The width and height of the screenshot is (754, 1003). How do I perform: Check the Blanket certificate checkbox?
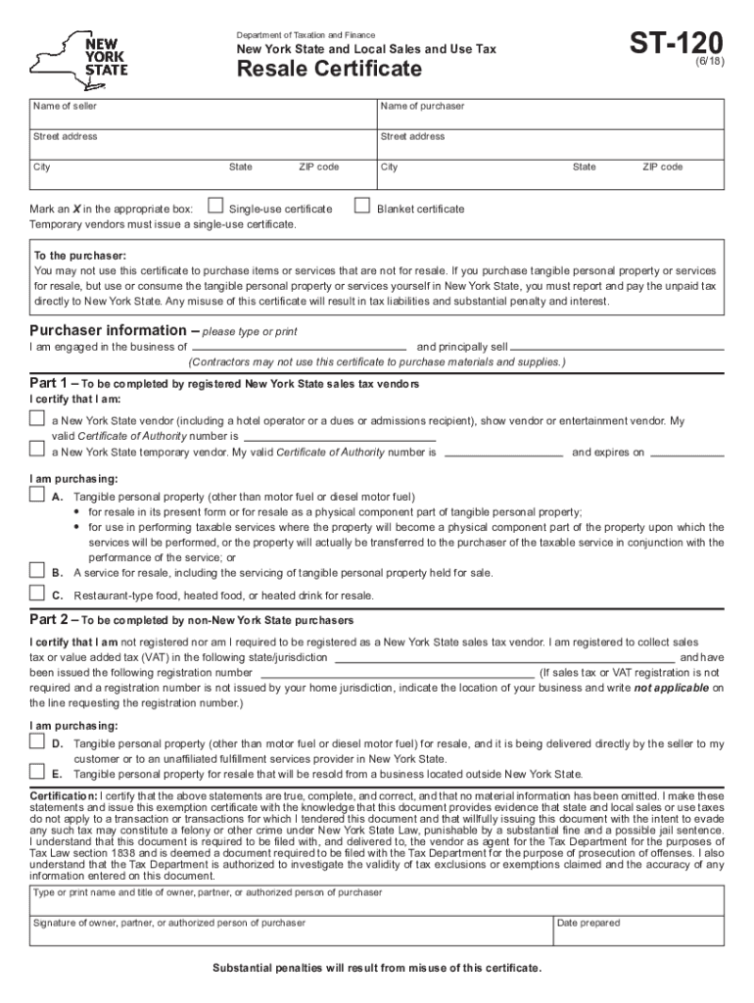pos(361,207)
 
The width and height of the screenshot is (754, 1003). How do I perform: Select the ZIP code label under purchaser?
pos(662,167)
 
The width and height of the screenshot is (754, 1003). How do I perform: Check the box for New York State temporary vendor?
pos(37,450)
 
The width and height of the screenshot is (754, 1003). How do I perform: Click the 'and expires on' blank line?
pos(686,454)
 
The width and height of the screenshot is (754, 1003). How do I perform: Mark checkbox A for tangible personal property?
pos(37,496)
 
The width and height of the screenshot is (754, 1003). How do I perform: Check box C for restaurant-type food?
pos(37,593)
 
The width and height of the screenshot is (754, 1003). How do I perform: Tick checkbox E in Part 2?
pos(37,771)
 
